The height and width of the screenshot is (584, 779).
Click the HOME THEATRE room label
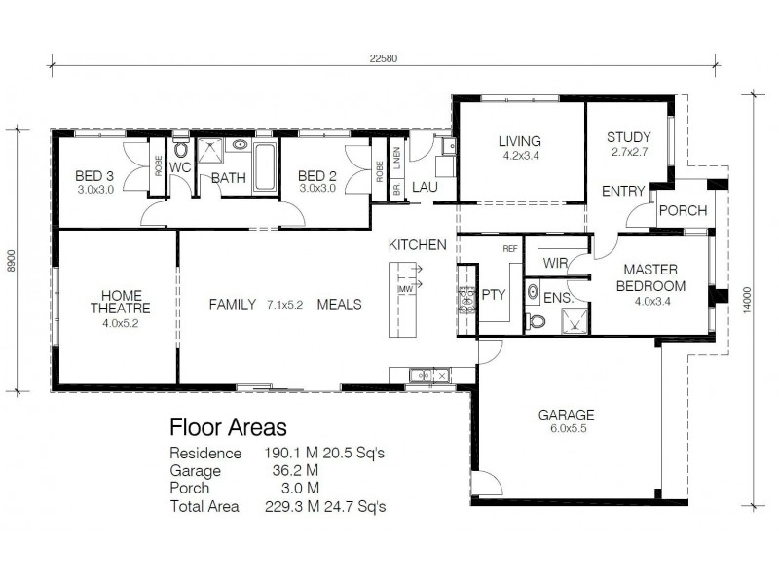click(120, 303)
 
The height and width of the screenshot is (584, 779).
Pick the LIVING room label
click(520, 140)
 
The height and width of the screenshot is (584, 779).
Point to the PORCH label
click(683, 211)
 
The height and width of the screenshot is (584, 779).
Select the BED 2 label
click(317, 176)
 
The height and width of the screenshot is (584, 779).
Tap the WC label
click(180, 167)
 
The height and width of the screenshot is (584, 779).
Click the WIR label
click(554, 263)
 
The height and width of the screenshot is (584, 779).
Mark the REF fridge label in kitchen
click(509, 249)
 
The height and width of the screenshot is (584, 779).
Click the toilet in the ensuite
click(536, 319)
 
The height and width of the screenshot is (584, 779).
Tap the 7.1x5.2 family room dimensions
click(285, 305)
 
